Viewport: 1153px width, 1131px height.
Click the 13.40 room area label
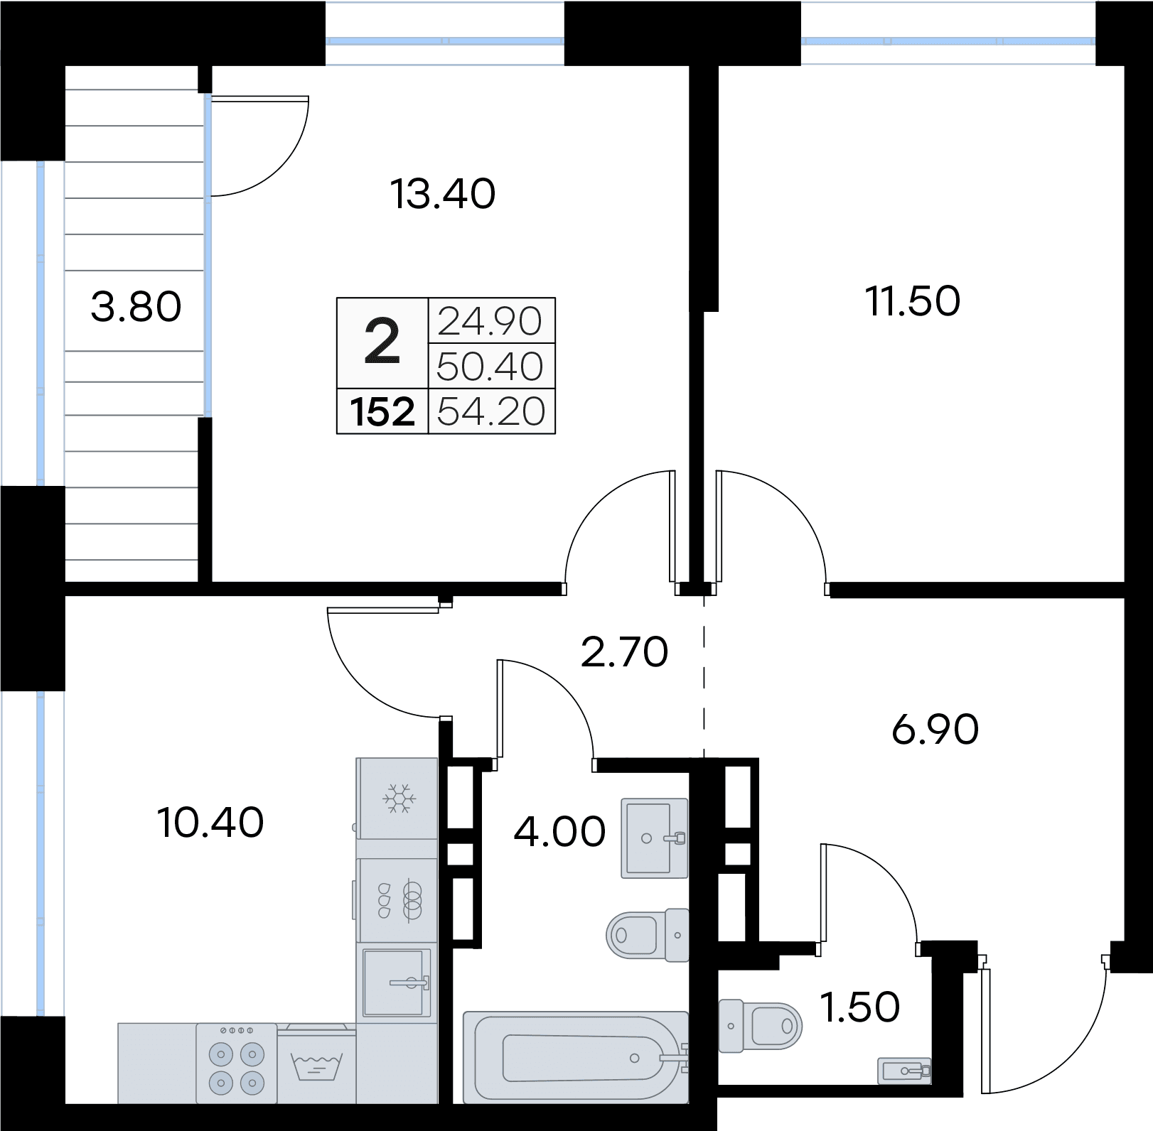coord(443,194)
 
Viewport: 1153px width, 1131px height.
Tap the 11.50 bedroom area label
coord(913,301)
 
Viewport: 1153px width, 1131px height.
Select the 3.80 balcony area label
coord(136,308)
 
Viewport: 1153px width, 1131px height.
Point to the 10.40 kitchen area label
coord(210,823)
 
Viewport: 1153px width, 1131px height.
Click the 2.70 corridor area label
coord(625,652)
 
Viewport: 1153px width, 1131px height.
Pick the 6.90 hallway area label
coord(935,730)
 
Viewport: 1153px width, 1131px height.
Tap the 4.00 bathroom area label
coord(559,832)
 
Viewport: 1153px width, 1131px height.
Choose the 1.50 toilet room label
coord(860,1007)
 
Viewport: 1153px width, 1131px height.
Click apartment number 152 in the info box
coord(382,411)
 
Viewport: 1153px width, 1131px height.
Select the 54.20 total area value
coord(491,411)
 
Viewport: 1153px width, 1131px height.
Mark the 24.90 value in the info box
coord(490,322)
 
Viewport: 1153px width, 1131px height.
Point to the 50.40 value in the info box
coord(490,367)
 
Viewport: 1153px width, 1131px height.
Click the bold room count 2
coord(382,342)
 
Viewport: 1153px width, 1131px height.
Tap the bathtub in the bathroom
coord(576,1058)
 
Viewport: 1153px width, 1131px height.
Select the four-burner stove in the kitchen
coord(236,1064)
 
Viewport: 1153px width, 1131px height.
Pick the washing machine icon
coord(317,1064)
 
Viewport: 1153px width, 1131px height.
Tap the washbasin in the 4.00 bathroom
coord(655,838)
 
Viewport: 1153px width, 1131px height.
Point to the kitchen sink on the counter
coord(397,983)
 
